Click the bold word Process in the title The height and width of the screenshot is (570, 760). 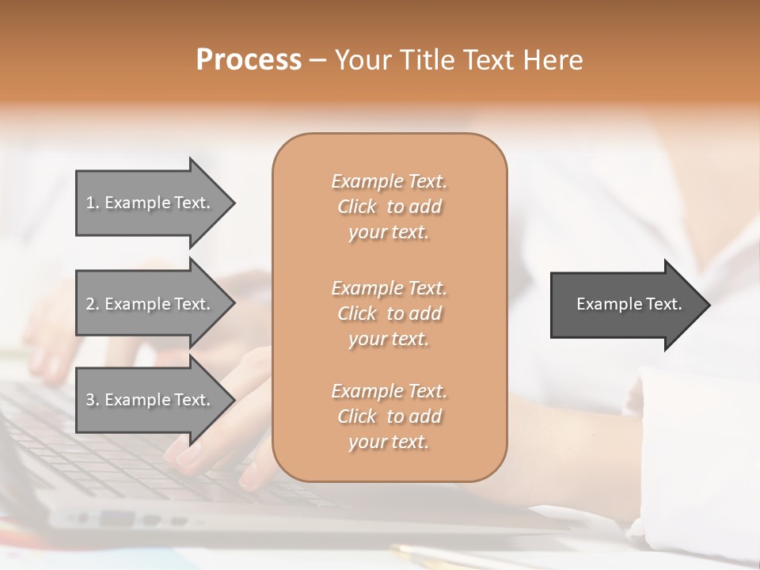pyautogui.click(x=249, y=60)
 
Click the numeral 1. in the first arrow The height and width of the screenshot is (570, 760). pyautogui.click(x=92, y=203)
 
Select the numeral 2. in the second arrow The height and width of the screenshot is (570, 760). pyautogui.click(x=92, y=304)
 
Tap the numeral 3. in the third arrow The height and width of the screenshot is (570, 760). pyautogui.click(x=92, y=400)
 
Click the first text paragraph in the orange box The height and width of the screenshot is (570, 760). pyautogui.click(x=389, y=207)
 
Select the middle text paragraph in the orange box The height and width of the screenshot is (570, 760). pyautogui.click(x=389, y=313)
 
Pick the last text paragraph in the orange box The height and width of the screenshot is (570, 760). pyautogui.click(x=389, y=416)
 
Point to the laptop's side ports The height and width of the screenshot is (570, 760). pyautogui.click(x=135, y=519)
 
